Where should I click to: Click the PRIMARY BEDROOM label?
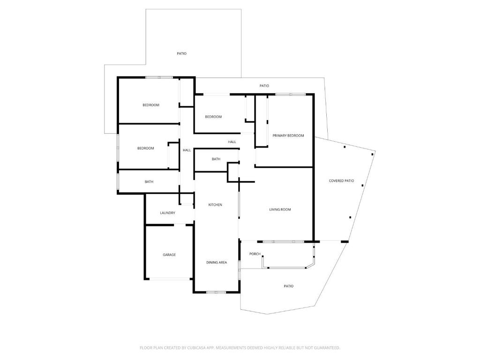click(288, 135)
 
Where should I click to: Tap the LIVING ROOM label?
click(280, 210)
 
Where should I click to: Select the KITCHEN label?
click(215, 205)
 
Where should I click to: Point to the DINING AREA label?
click(217, 262)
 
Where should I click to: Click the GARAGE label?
click(169, 255)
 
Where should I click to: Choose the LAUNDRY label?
click(167, 213)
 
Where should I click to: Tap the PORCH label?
click(255, 254)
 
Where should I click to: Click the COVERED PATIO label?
click(341, 181)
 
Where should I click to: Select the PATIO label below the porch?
click(288, 286)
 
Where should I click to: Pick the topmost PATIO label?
click(181, 53)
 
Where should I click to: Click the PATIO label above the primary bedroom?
click(264, 86)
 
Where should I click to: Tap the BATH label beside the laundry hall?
click(149, 182)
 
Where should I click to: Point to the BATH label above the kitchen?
click(216, 159)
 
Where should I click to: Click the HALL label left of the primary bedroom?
click(232, 142)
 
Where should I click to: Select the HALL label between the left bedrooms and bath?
click(187, 150)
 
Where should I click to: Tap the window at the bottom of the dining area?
click(216, 292)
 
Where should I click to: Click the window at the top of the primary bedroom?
click(291, 94)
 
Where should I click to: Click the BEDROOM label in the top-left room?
click(151, 105)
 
